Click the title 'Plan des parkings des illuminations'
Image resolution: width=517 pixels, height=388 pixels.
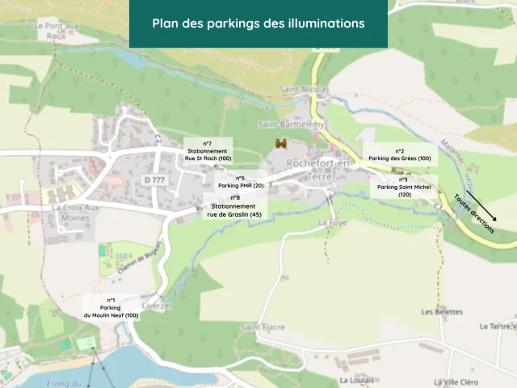(258, 23)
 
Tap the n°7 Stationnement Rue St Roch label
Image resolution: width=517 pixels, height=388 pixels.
(208, 151)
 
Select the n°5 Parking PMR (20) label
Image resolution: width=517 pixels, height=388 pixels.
(241, 181)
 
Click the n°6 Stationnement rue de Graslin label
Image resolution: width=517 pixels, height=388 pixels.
(234, 206)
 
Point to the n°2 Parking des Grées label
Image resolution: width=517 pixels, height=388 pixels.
(400, 154)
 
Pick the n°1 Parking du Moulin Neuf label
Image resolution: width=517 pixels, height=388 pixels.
(110, 308)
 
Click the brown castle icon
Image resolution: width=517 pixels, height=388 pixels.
(281, 143)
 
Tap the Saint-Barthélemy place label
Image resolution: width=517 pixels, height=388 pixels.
(291, 124)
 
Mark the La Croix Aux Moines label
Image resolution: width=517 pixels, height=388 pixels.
(74, 213)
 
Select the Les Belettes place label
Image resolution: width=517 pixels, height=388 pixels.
(442, 311)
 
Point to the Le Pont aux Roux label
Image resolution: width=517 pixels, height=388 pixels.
(56, 30)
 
